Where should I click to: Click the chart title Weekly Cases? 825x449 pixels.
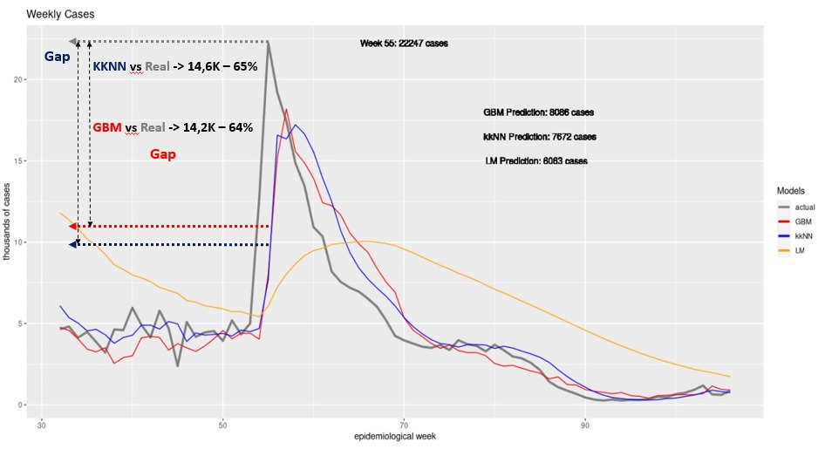coord(60,14)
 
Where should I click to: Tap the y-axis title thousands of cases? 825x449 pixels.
coord(7,221)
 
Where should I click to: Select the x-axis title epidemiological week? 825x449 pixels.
coord(394,437)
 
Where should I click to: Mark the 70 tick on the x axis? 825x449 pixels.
coord(404,424)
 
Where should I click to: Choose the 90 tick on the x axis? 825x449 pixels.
coord(585,424)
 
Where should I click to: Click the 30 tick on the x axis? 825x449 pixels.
coord(42,424)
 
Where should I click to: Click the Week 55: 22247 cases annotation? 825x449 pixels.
coord(404,44)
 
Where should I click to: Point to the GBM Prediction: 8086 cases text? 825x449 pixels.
coord(539,112)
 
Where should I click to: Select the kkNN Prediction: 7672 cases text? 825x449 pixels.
coord(540,137)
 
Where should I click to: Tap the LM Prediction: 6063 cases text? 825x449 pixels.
coord(536,161)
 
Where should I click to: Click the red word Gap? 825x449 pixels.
coord(162,154)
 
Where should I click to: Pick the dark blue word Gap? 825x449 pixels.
coord(57,57)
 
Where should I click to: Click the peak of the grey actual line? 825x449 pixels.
coord(269,43)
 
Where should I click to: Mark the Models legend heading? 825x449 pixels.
coord(790,191)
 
